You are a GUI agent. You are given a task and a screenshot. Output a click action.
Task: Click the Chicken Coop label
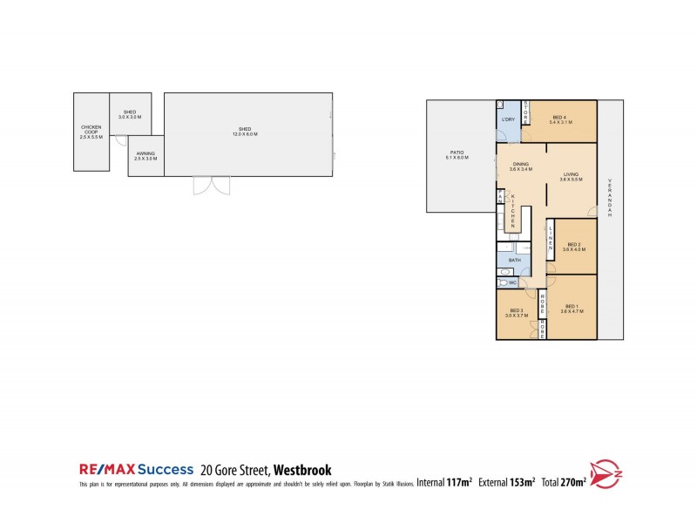[x=91, y=129]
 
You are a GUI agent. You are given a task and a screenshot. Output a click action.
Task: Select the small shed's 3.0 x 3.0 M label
[x=129, y=117]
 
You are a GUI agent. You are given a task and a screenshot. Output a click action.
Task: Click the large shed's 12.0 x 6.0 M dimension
[x=245, y=134]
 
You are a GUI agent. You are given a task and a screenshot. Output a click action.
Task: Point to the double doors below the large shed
[x=211, y=186]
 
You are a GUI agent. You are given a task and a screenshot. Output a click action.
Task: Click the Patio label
[x=457, y=153]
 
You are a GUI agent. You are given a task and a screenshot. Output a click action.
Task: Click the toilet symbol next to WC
[x=504, y=282]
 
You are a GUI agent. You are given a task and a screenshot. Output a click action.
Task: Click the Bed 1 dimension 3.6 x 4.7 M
[x=571, y=311]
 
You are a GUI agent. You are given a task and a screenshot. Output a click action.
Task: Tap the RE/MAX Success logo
[x=136, y=469]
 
